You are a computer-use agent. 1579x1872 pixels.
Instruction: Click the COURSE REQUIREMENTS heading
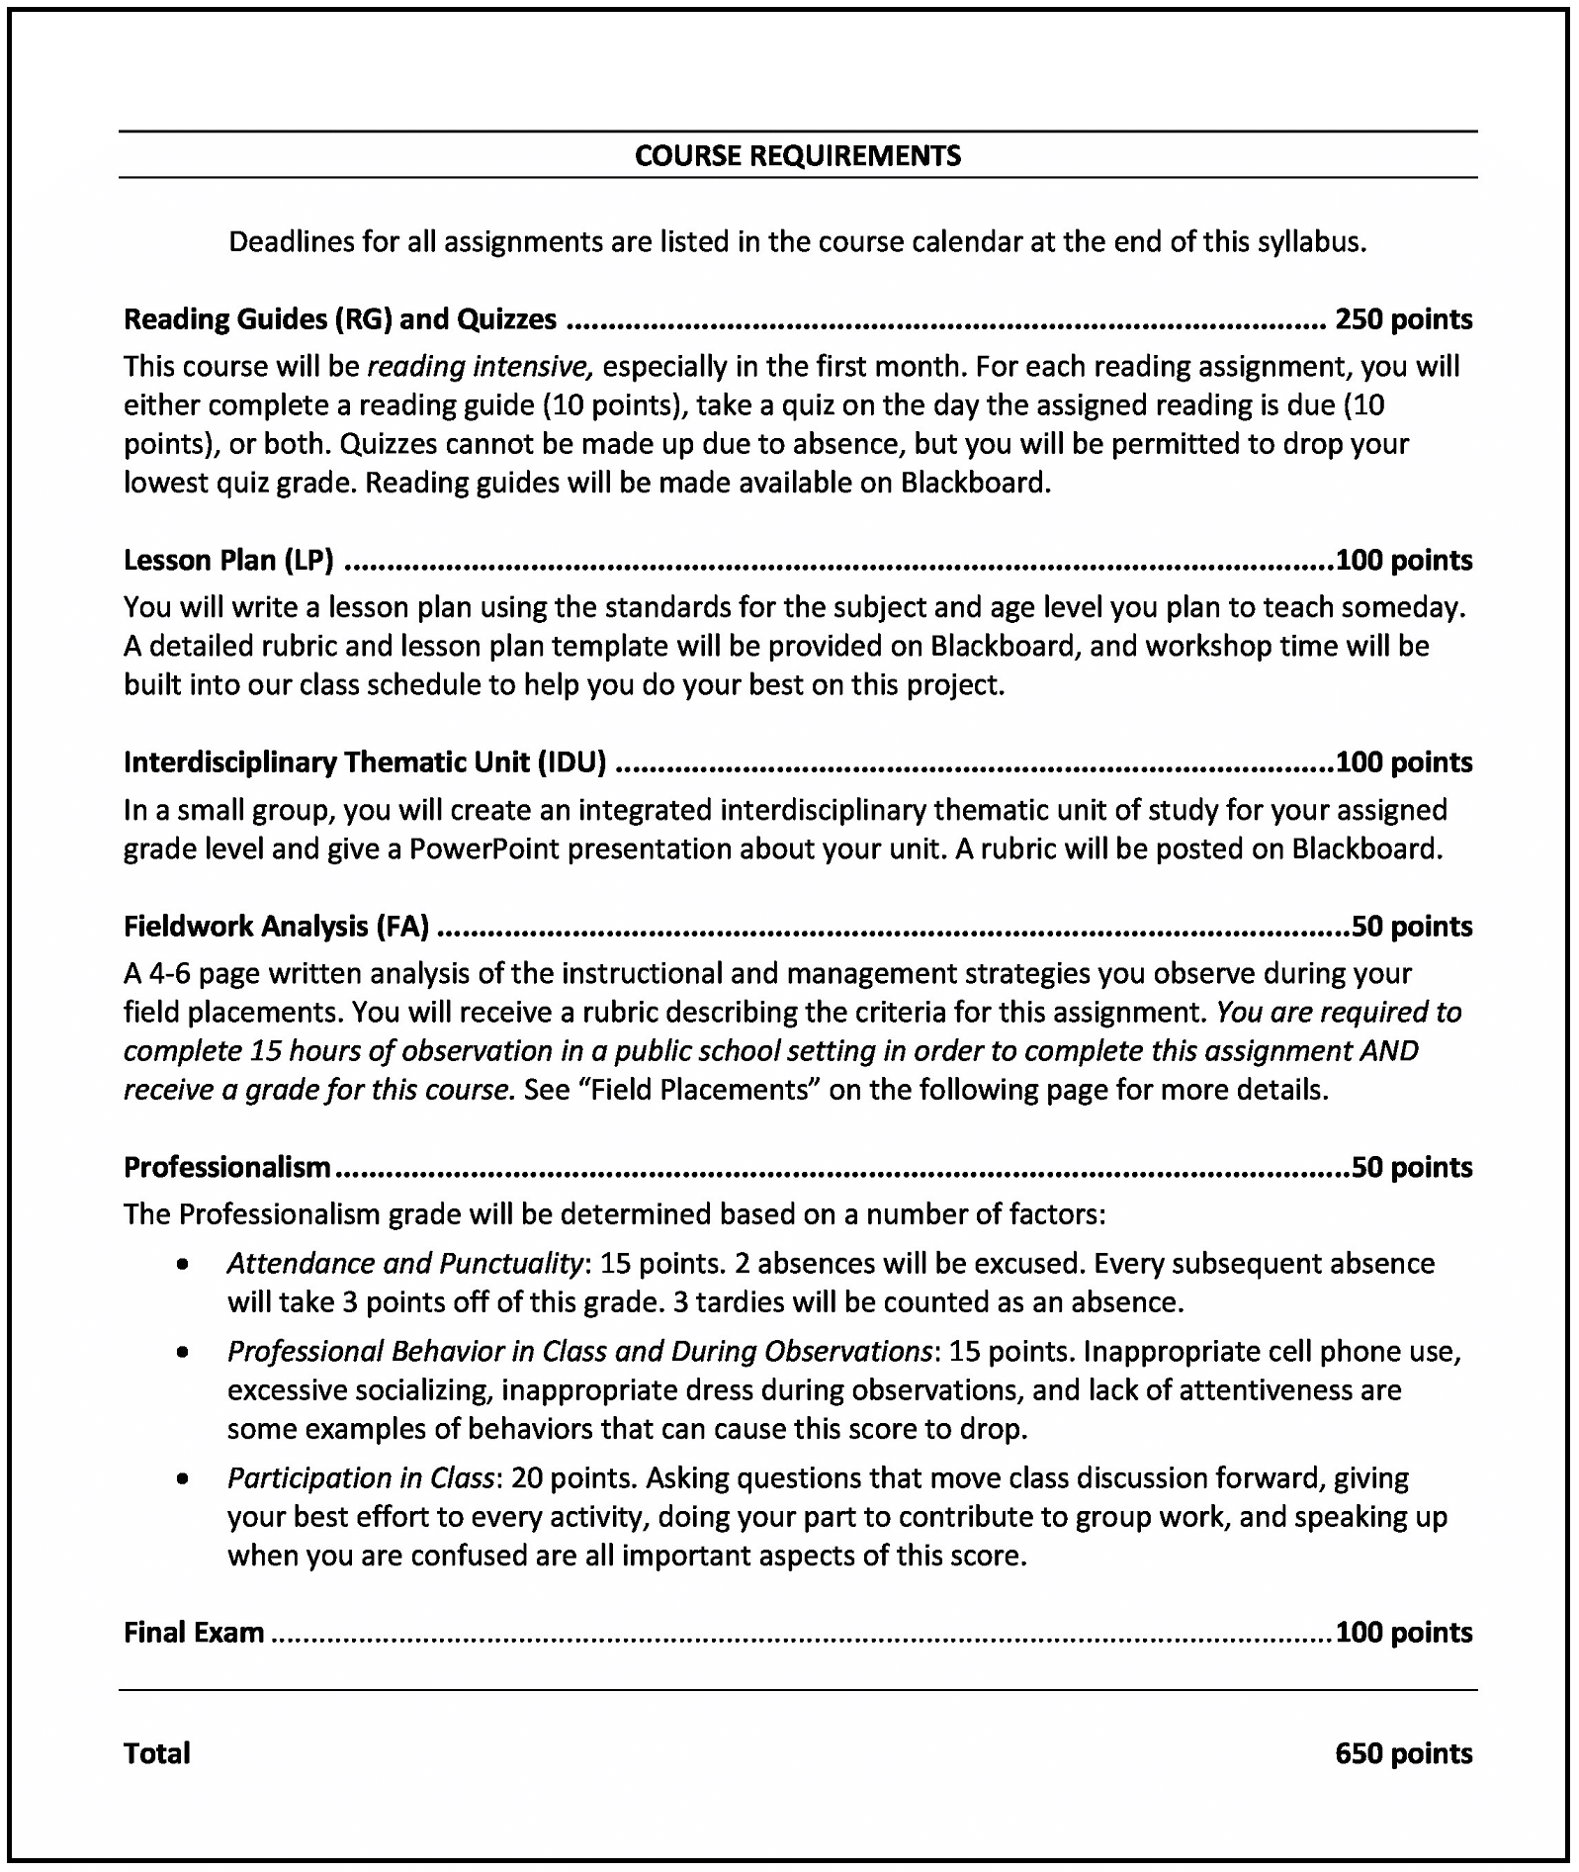pyautogui.click(x=797, y=155)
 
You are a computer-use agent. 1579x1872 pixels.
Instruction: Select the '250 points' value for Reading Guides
pyautogui.click(x=1403, y=319)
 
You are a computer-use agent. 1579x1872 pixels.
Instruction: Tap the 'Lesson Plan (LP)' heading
pyautogui.click(x=228, y=560)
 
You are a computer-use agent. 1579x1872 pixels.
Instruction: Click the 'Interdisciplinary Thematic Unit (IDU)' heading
pyautogui.click(x=365, y=762)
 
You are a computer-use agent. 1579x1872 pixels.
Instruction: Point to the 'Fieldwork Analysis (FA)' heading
pyautogui.click(x=277, y=927)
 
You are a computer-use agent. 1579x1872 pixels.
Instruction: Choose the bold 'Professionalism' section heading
pyautogui.click(x=227, y=1167)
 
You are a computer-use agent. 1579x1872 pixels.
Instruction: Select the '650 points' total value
pyautogui.click(x=1403, y=1753)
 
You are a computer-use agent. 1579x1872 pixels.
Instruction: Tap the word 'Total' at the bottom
pyautogui.click(x=157, y=1753)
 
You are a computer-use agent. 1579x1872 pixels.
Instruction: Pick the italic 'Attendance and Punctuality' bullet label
pyautogui.click(x=403, y=1264)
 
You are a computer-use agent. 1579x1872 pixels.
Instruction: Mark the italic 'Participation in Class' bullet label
pyautogui.click(x=360, y=1478)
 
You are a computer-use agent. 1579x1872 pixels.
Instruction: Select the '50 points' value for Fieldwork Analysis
pyautogui.click(x=1412, y=927)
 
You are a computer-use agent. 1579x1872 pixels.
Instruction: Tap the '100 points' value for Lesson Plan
pyautogui.click(x=1403, y=560)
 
